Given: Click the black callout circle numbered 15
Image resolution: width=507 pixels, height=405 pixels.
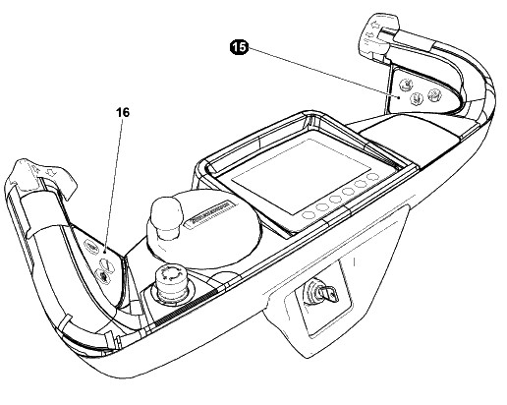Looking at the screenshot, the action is [239, 47].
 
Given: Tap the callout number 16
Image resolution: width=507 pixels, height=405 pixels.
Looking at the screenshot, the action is [123, 112].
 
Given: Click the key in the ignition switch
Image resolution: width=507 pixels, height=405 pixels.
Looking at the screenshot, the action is [330, 292].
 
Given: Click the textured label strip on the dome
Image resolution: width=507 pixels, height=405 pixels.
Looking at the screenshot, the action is [209, 212].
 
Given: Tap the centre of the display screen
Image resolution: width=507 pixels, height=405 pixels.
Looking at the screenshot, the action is [301, 176].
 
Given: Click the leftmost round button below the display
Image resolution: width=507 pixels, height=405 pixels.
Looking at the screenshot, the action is [308, 215].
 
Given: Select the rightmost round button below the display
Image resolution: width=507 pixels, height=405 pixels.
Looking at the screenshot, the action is [372, 177].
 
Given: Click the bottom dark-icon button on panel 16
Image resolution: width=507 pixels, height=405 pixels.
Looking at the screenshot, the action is [102, 275].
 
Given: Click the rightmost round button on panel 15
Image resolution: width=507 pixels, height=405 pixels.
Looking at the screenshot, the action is [435, 94].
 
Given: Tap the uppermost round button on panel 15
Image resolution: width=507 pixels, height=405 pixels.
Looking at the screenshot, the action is [406, 85].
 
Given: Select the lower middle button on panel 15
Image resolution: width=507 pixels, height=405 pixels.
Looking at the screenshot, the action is [417, 98].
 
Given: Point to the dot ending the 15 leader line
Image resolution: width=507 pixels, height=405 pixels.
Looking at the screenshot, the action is [399, 97].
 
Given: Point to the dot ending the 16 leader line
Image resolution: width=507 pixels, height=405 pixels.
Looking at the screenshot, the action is [104, 252].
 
